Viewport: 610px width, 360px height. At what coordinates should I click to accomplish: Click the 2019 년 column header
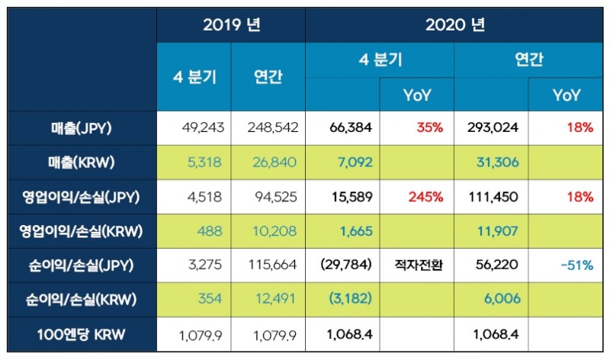point(231,24)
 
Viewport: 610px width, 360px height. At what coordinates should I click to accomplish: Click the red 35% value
point(429,128)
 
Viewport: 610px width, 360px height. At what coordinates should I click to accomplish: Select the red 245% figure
point(425,196)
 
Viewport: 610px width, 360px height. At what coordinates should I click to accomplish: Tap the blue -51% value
point(577,265)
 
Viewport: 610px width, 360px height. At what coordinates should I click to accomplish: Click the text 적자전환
point(418,265)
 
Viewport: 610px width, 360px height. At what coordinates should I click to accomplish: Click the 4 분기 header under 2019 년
point(194,77)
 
